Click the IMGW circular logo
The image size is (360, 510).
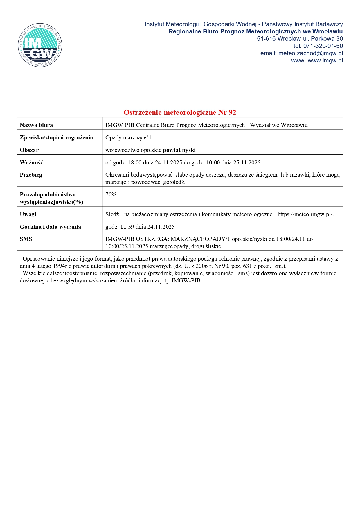[40, 45]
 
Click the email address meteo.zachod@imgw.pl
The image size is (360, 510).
[310, 53]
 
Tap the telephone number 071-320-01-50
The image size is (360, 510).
[323, 46]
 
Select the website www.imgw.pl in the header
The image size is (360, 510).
[325, 60]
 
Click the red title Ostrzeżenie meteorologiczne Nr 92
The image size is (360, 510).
[180, 112]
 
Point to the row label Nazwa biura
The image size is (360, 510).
[36, 125]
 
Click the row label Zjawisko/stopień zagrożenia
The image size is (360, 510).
[56, 138]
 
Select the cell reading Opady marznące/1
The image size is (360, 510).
[128, 138]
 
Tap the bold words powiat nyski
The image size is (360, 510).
[179, 150]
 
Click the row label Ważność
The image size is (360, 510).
[31, 163]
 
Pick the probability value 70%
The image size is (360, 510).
[111, 195]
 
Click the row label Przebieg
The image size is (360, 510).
[31, 175]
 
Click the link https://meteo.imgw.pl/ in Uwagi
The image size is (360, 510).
[305, 214]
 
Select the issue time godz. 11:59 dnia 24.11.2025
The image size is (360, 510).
[140, 227]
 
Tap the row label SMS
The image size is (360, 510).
[26, 239]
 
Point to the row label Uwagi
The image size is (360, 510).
[28, 214]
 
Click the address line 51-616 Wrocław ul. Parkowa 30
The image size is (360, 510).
[300, 39]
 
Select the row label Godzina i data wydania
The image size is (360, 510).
[50, 227]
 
